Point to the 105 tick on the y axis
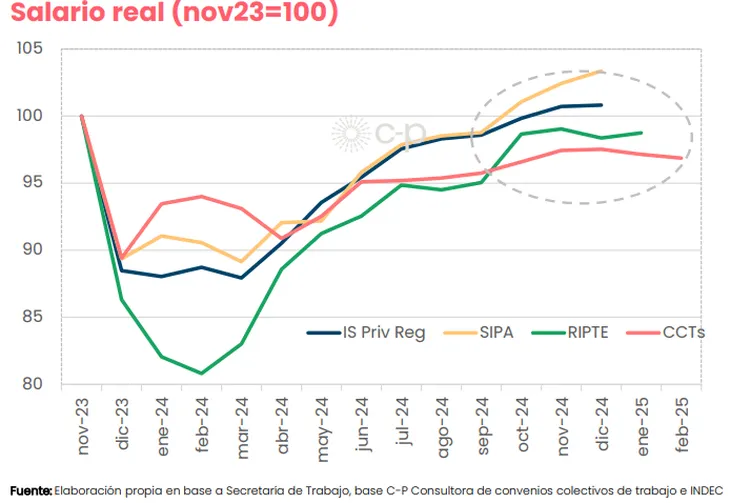tap(30, 49)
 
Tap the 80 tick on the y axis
tap(32, 384)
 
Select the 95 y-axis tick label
tap(32, 183)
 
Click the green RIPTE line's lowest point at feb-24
tap(201, 374)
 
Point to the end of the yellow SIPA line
tap(600, 71)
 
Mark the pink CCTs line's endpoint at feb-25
tap(681, 158)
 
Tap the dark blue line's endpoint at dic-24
tap(600, 105)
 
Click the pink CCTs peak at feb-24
tap(201, 196)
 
